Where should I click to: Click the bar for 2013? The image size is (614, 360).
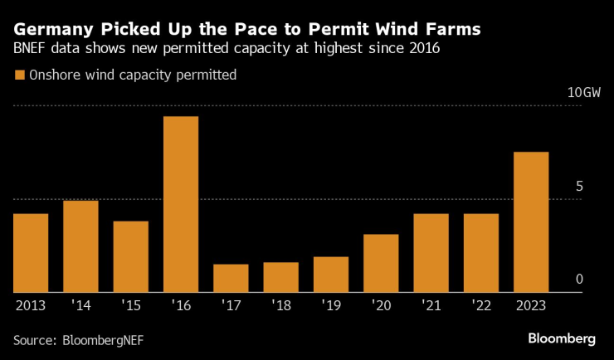click(x=30, y=253)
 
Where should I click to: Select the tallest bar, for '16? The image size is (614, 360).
click(x=180, y=204)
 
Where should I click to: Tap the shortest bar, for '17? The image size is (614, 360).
click(x=231, y=278)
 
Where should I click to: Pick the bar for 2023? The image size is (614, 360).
click(x=531, y=222)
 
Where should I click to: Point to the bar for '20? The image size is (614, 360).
click(x=381, y=263)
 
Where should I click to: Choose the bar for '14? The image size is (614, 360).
click(x=80, y=246)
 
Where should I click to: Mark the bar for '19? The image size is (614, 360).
click(x=330, y=275)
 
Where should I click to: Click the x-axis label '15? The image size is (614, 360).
click(x=130, y=305)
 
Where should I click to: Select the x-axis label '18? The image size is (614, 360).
click(x=280, y=305)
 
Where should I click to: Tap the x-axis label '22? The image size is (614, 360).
click(x=481, y=305)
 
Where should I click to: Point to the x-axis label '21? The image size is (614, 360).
click(x=431, y=305)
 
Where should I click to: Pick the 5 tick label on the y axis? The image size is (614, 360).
click(x=579, y=186)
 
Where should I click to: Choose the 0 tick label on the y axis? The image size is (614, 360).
click(x=579, y=280)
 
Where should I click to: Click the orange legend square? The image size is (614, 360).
click(x=19, y=75)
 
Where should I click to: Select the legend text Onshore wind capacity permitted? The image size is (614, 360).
click(x=133, y=75)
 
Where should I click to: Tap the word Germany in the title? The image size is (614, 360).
click(x=51, y=29)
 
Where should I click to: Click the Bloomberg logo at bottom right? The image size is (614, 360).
click(x=562, y=338)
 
